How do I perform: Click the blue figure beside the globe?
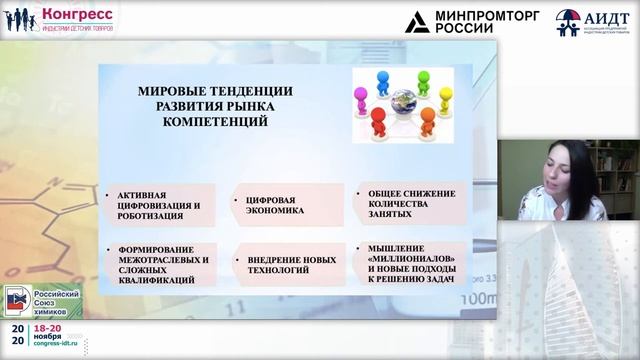(383, 79)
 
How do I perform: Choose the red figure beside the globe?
(379, 121)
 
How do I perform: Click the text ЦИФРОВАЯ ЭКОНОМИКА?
(268, 206)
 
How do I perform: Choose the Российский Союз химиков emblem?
(17, 300)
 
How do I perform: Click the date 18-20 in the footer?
(49, 327)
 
